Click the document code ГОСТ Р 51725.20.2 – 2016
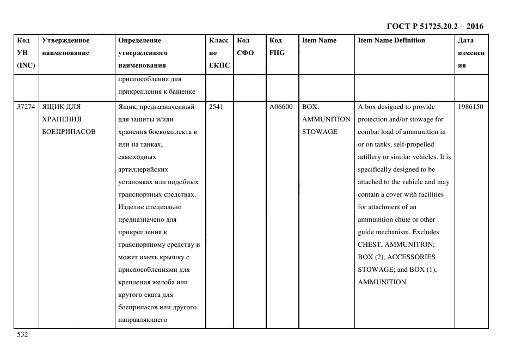(x=434, y=26)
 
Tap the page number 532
(x=22, y=335)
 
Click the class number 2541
(x=216, y=107)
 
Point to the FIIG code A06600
(x=281, y=107)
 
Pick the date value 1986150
(x=471, y=107)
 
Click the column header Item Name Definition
(x=391, y=40)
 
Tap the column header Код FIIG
(x=277, y=46)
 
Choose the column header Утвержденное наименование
(x=66, y=46)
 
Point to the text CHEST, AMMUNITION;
(x=396, y=245)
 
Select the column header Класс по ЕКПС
(x=219, y=53)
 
